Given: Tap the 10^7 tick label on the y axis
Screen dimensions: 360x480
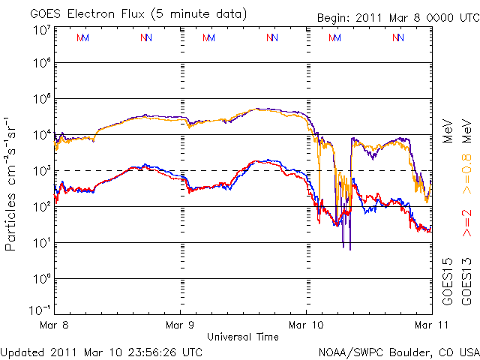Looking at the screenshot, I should (40, 30).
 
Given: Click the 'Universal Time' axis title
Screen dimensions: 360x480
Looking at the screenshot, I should (243, 337).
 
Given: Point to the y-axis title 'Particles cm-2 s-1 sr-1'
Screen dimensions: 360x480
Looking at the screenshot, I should (12, 183).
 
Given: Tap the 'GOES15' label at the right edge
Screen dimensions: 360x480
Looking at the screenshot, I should (448, 280).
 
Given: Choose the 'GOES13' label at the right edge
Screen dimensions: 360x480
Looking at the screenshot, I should (466, 280).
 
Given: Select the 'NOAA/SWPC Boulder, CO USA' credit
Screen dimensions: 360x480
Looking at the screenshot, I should (398, 351).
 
